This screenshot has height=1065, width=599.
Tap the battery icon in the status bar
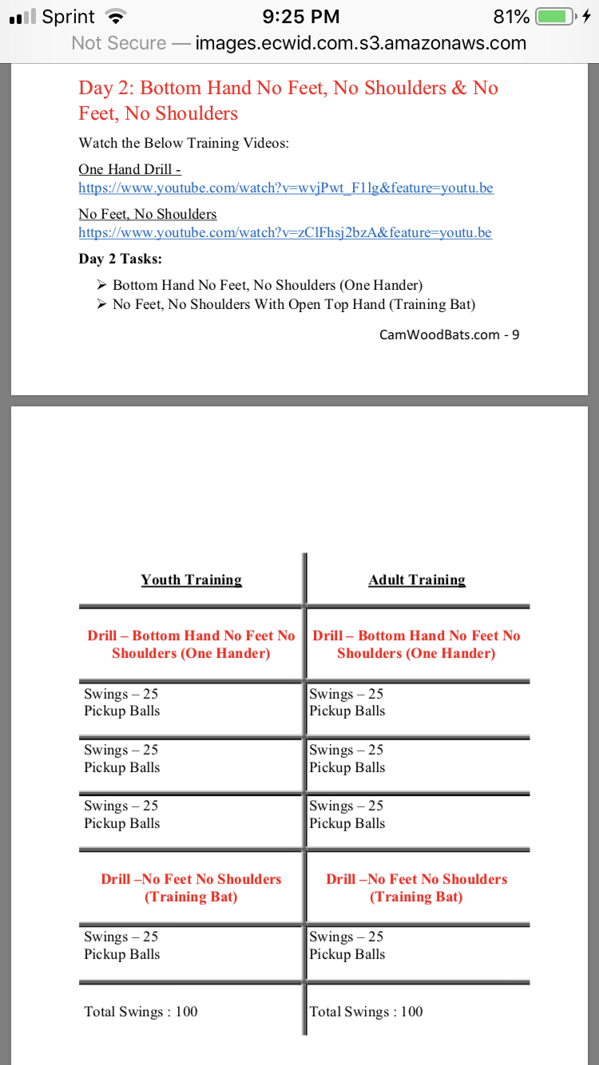pyautogui.click(x=556, y=17)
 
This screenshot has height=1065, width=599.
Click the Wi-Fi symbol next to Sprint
pyautogui.click(x=117, y=17)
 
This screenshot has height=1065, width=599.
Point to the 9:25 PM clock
pyautogui.click(x=301, y=17)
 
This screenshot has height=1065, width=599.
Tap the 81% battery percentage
pyautogui.click(x=511, y=17)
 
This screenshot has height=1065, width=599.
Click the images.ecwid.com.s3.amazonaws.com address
pyautogui.click(x=361, y=43)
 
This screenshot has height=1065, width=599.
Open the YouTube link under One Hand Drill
pyautogui.click(x=286, y=188)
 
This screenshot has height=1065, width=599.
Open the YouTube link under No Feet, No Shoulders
pyautogui.click(x=285, y=233)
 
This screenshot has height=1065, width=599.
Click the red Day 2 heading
pyautogui.click(x=288, y=101)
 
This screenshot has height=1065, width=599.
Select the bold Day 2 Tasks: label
pyautogui.click(x=121, y=259)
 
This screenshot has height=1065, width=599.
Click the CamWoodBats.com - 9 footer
pyautogui.click(x=449, y=335)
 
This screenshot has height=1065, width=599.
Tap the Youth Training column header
pyautogui.click(x=192, y=580)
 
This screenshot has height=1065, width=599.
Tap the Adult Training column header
pyautogui.click(x=417, y=580)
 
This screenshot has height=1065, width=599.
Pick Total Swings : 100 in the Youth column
pyautogui.click(x=141, y=1012)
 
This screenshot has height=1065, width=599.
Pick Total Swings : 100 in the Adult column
pyautogui.click(x=366, y=1012)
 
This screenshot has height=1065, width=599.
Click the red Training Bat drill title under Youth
pyautogui.click(x=191, y=888)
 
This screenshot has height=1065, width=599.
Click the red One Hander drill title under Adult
pyautogui.click(x=416, y=644)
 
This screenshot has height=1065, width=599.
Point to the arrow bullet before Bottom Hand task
pyautogui.click(x=101, y=285)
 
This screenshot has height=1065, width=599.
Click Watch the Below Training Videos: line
pyautogui.click(x=184, y=144)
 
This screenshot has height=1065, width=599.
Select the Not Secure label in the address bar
pyautogui.click(x=119, y=43)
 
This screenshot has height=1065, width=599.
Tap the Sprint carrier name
pyautogui.click(x=69, y=17)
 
